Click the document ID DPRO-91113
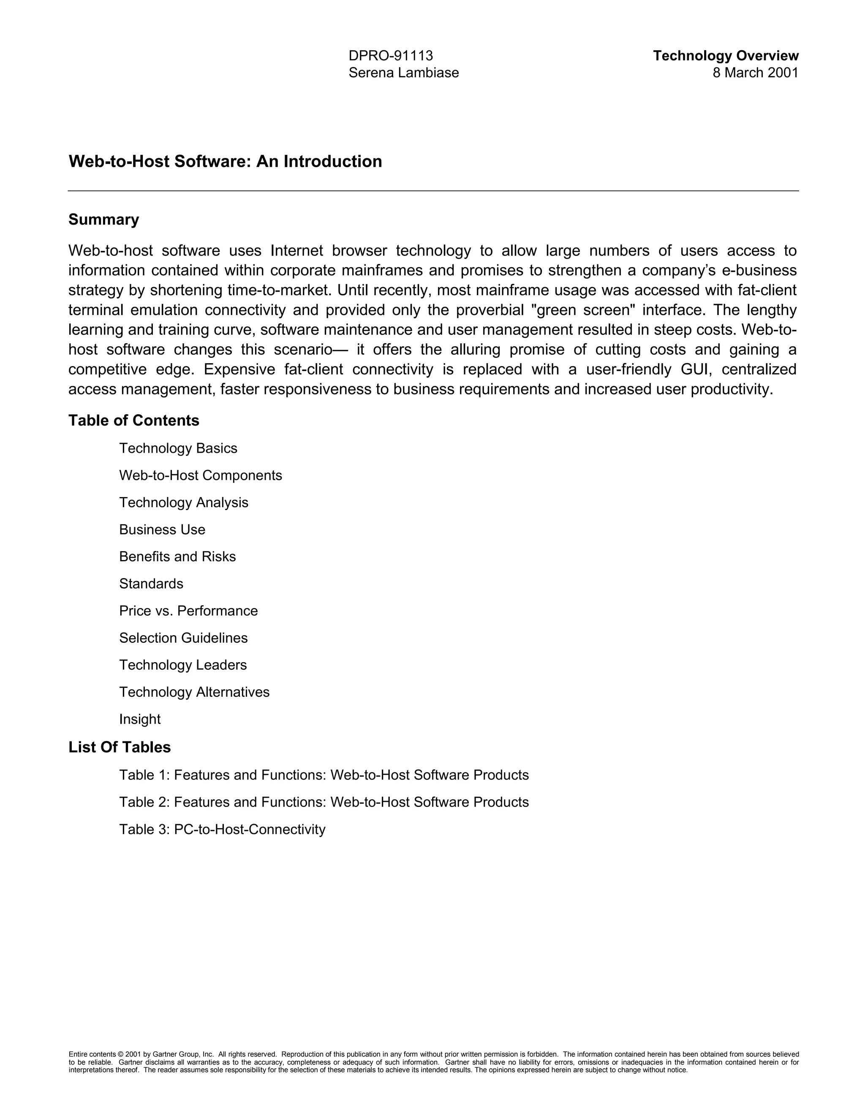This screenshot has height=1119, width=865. click(x=391, y=55)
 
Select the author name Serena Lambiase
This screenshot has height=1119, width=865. click(x=403, y=73)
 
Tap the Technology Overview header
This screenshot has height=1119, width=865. click(x=725, y=55)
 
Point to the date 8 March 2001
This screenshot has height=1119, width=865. click(x=755, y=73)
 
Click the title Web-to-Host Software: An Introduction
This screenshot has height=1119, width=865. click(x=225, y=161)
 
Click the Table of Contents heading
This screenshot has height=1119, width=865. click(x=134, y=420)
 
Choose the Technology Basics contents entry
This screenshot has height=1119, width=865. click(x=178, y=448)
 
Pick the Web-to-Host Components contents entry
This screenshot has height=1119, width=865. click(x=200, y=475)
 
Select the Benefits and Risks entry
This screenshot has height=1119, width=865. click(x=177, y=557)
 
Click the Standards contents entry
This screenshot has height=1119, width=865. click(x=151, y=584)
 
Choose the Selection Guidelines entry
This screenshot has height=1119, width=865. click(x=183, y=638)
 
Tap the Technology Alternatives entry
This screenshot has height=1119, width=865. click(x=194, y=692)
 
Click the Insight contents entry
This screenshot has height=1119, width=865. click(x=139, y=720)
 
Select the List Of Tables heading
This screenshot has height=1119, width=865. click(x=120, y=747)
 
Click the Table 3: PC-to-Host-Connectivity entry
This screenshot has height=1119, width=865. click(x=222, y=829)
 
